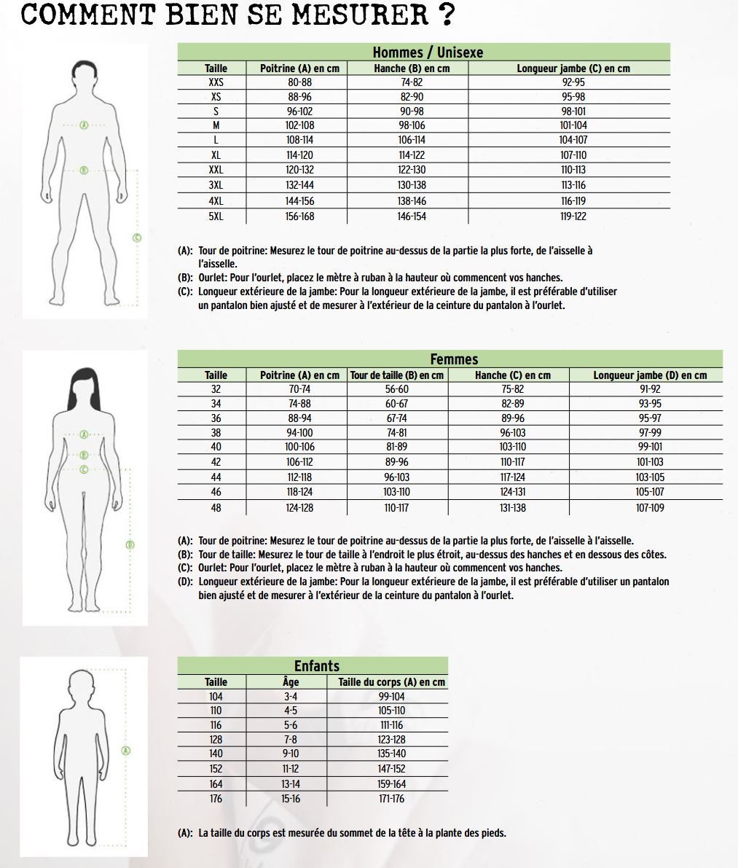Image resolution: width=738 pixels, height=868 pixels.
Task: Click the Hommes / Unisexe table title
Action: (x=428, y=52)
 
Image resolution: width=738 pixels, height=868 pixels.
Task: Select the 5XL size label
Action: (x=216, y=216)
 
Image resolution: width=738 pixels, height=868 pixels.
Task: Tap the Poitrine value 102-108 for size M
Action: (x=299, y=125)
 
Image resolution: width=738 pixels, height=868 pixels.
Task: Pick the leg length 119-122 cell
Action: (x=573, y=216)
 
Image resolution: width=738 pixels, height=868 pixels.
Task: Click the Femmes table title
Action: (x=454, y=359)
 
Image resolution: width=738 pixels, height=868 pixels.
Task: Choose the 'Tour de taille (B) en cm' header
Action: (x=397, y=375)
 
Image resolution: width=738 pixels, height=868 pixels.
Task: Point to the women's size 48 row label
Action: (x=216, y=508)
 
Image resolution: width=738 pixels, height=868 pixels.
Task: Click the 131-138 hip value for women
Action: (x=512, y=508)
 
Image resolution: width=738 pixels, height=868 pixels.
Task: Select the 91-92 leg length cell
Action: (x=650, y=389)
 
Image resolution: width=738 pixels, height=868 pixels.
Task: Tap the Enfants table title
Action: (x=317, y=666)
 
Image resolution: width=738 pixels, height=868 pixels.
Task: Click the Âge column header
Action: (x=291, y=682)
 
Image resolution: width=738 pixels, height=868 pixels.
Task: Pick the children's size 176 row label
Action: (x=216, y=799)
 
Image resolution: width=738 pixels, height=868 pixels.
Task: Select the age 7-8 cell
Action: (x=291, y=740)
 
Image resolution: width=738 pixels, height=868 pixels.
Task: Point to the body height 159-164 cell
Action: (x=391, y=784)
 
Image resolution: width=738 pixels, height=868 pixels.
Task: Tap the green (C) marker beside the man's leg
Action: (x=137, y=238)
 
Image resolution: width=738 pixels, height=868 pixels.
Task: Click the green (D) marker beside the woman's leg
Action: (x=130, y=544)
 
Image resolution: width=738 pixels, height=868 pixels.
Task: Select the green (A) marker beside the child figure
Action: (x=125, y=751)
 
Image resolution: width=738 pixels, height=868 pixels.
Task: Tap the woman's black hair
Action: (x=85, y=386)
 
